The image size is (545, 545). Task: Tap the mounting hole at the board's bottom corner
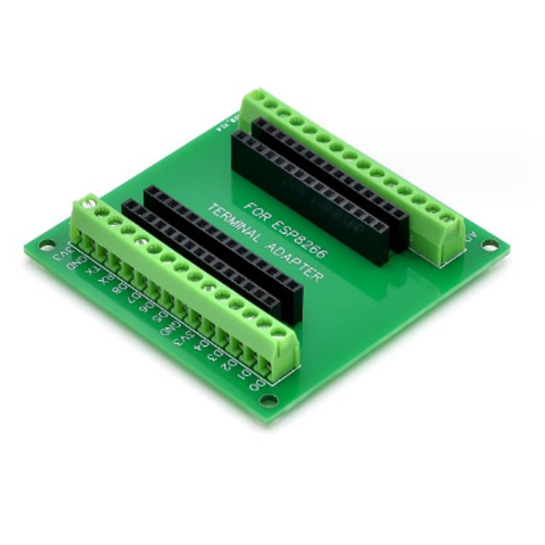click(269, 400)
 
